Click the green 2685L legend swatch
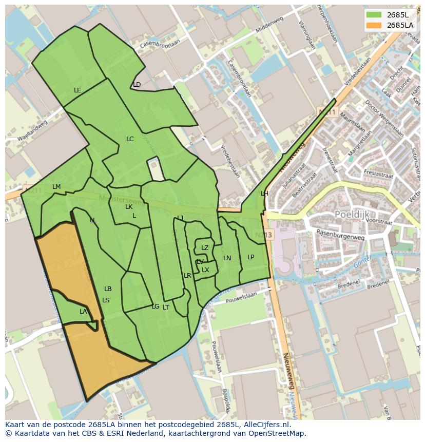(374, 15)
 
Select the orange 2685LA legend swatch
(374, 25)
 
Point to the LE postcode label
(78, 90)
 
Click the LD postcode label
(137, 85)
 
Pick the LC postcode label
(130, 139)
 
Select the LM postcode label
(56, 187)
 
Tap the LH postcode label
(264, 194)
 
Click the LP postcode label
(250, 257)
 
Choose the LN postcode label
(227, 258)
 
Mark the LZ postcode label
(205, 248)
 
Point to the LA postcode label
(83, 312)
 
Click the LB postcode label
(108, 289)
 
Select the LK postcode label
(129, 207)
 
